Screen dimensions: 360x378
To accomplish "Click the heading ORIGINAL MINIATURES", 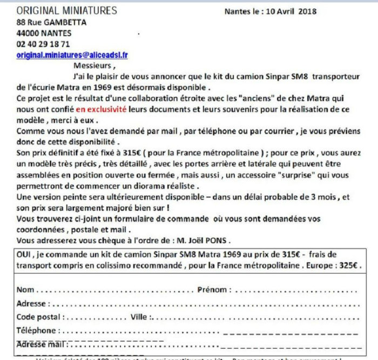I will pyautogui.click(x=66, y=10).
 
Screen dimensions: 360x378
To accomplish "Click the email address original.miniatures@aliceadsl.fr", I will pyautogui.click(x=72, y=55).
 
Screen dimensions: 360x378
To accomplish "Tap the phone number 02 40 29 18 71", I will pyautogui.click(x=43, y=44).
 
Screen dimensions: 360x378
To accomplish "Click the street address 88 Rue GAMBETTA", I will pyautogui.click(x=51, y=22).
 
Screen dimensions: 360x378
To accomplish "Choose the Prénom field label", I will pyautogui.click(x=214, y=290).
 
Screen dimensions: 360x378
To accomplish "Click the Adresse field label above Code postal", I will pyautogui.click(x=31, y=303).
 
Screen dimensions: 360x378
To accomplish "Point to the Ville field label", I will pyautogui.click(x=142, y=317).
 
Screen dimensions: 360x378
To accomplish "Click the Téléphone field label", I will pyautogui.click(x=36, y=330).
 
